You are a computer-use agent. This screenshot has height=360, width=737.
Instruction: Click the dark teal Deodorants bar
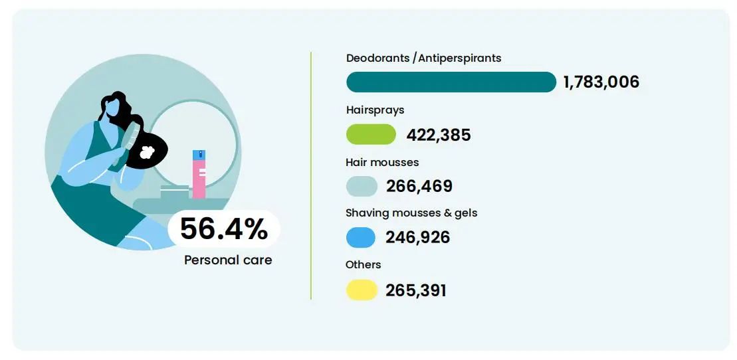click(x=451, y=82)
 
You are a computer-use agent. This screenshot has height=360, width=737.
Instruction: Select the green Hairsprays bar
click(x=371, y=134)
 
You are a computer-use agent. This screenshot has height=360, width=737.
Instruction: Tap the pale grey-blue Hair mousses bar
click(x=362, y=186)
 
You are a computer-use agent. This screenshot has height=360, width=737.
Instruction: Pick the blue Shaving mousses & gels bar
click(x=360, y=237)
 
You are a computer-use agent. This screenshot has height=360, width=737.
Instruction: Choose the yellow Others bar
click(x=362, y=290)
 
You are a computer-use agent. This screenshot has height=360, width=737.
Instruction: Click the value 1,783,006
click(x=601, y=82)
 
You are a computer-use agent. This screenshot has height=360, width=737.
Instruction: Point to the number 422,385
click(x=438, y=135)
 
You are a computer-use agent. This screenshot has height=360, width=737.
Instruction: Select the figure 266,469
click(x=419, y=186)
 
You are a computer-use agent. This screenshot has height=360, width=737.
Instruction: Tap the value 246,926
click(x=417, y=237)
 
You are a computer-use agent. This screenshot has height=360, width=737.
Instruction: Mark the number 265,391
click(x=415, y=290)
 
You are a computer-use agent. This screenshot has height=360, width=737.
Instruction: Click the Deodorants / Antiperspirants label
click(x=423, y=58)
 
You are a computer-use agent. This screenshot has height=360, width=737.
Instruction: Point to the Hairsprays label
click(x=375, y=110)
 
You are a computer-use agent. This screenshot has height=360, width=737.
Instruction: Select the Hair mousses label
click(x=382, y=161)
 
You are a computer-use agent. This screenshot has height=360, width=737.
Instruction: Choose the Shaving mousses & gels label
click(x=411, y=213)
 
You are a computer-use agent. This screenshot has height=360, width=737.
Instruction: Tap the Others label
click(x=363, y=264)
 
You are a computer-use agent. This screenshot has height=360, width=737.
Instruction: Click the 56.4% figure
click(x=223, y=229)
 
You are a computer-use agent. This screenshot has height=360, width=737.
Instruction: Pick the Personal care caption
click(x=228, y=260)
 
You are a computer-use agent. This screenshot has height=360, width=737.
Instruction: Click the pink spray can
click(x=199, y=174)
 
